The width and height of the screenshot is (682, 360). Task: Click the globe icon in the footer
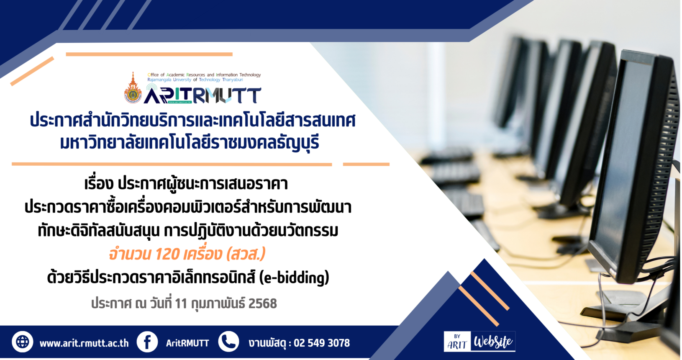[23, 342]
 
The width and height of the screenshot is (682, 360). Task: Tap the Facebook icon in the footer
[147, 342]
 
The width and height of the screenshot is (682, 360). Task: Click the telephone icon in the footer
[228, 342]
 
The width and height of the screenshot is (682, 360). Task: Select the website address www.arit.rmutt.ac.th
[84, 343]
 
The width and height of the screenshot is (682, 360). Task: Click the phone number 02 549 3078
[322, 343]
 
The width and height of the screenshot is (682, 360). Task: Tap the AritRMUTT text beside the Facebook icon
[187, 343]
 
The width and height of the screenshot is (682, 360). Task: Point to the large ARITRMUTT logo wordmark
[203, 95]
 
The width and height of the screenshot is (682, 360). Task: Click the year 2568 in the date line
[262, 303]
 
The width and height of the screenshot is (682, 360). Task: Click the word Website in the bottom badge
[493, 342]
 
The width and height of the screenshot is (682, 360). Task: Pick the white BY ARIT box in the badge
[457, 342]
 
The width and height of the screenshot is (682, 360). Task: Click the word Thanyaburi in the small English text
[233, 80]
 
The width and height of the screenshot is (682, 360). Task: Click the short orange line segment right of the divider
[366, 165]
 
